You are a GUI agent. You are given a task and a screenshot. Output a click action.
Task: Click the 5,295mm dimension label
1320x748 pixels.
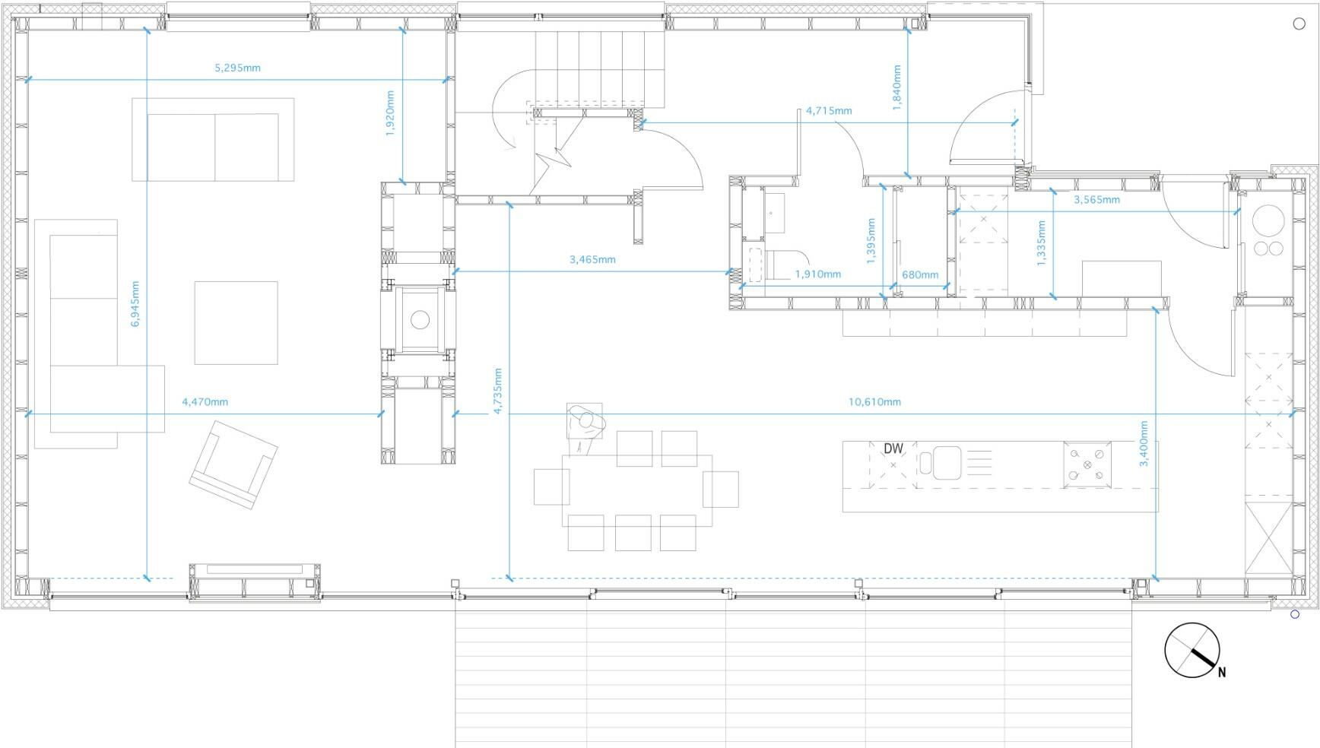click(237, 68)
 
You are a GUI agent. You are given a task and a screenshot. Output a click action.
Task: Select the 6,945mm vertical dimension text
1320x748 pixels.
click(135, 304)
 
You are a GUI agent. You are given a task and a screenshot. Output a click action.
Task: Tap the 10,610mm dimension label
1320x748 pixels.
click(874, 401)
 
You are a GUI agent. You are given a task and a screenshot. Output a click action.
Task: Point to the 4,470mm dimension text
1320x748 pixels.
click(205, 401)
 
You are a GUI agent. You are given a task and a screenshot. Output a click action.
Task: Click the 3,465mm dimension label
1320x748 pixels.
click(592, 259)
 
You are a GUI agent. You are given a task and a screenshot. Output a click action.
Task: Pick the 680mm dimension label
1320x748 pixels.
click(920, 274)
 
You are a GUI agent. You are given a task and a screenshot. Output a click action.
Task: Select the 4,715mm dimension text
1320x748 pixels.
click(829, 110)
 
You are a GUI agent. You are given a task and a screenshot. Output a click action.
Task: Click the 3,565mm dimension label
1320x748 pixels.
click(1096, 200)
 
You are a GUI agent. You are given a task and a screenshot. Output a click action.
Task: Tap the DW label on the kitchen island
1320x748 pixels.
click(893, 449)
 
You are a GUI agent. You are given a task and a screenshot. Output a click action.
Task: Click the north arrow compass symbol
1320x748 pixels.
click(1191, 650)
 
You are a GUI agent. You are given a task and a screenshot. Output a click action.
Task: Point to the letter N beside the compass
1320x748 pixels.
click(1222, 672)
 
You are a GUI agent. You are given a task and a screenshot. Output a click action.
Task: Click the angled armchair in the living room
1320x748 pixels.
click(233, 464)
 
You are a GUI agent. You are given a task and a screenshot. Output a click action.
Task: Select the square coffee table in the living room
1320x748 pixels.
click(236, 322)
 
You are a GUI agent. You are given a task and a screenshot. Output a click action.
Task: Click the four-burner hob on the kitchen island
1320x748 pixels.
click(1087, 464)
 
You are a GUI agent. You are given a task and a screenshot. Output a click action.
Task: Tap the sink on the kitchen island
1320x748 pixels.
click(947, 462)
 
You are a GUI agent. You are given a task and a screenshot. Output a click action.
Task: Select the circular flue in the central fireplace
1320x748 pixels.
click(420, 320)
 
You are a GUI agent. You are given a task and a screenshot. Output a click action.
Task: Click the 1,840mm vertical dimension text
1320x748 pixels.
click(897, 88)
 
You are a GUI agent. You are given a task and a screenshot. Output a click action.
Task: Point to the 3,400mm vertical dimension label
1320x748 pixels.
click(1144, 443)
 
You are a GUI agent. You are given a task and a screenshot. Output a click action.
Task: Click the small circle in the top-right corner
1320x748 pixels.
click(1299, 24)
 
